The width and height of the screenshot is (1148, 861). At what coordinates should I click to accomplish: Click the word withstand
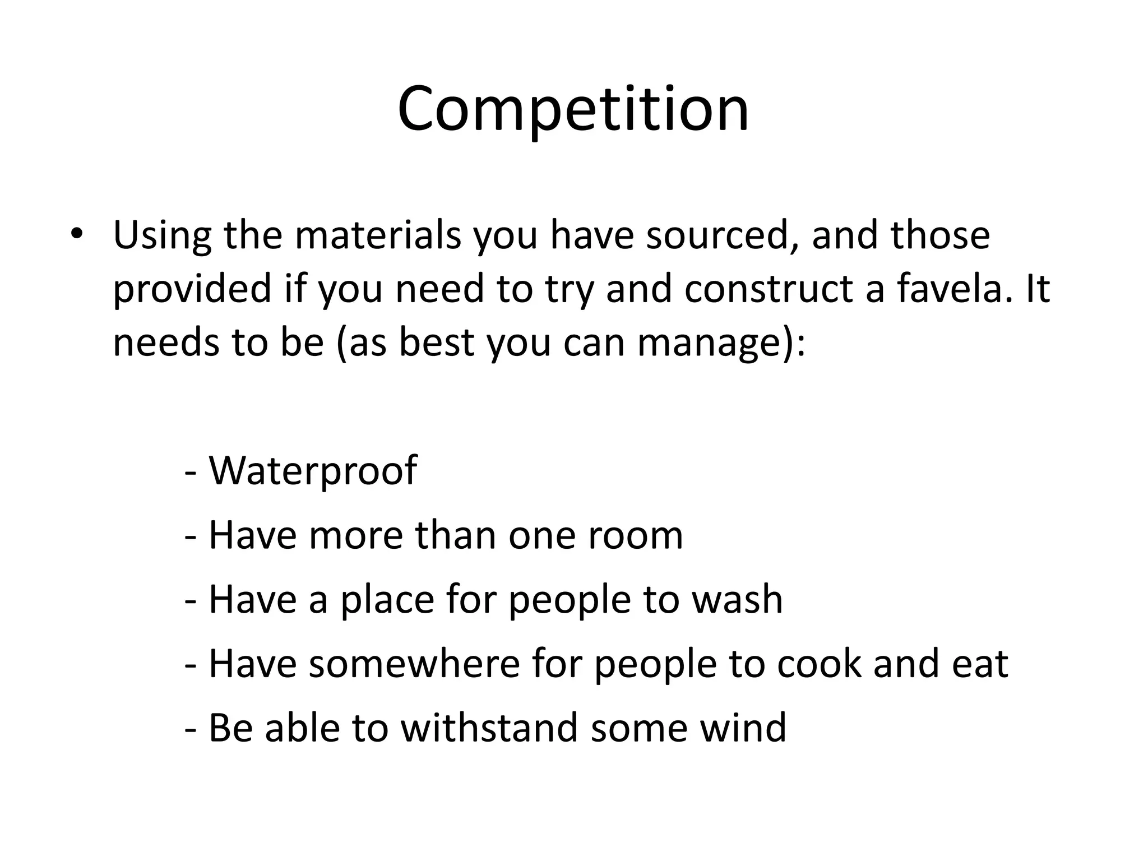pos(489,727)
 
